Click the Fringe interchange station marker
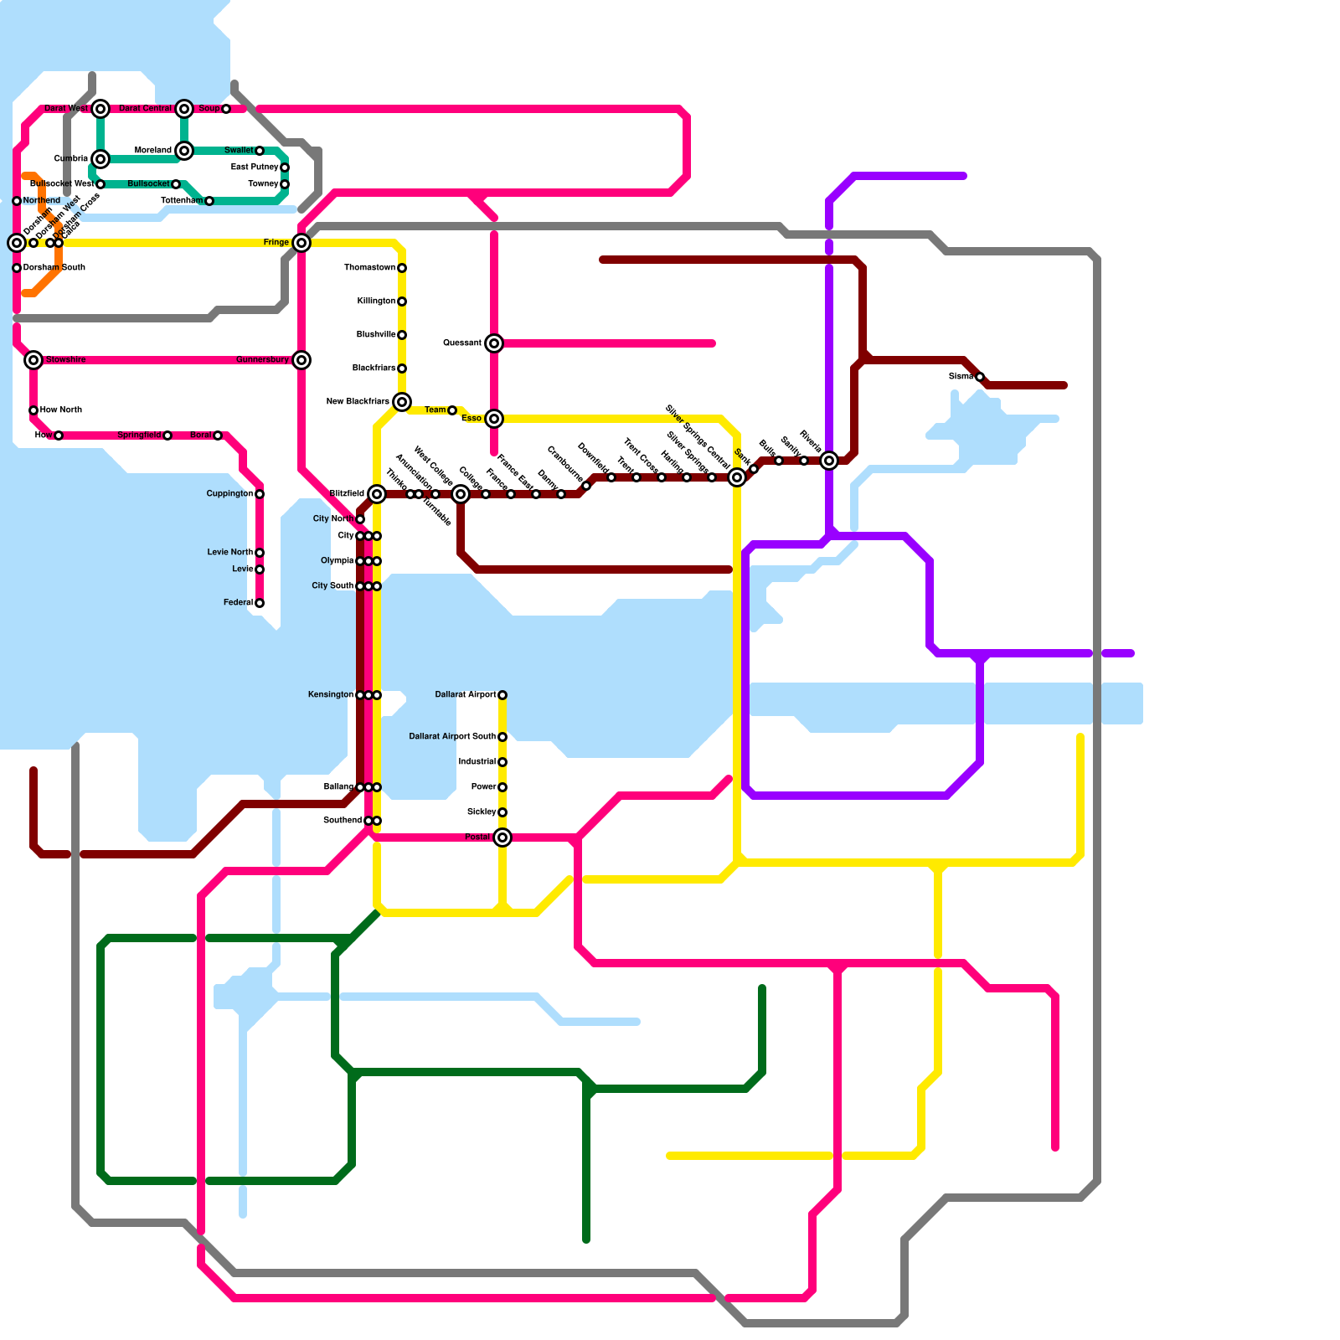coord(301,243)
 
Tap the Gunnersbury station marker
coord(301,360)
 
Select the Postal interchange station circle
coord(502,837)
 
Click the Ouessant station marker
coord(494,343)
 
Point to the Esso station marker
coord(494,419)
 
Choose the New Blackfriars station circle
coord(402,402)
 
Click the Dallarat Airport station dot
coord(502,695)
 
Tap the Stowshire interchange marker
coord(33,360)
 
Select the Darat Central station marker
coord(184,109)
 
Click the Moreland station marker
coord(184,151)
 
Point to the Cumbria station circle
coord(100,159)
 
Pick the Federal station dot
coord(260,603)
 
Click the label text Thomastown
coord(369,268)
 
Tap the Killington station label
coord(376,301)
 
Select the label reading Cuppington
coord(229,494)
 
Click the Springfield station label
coord(139,435)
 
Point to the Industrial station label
coord(477,762)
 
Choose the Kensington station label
coord(331,695)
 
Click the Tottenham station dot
coord(209,201)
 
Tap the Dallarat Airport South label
coord(452,737)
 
